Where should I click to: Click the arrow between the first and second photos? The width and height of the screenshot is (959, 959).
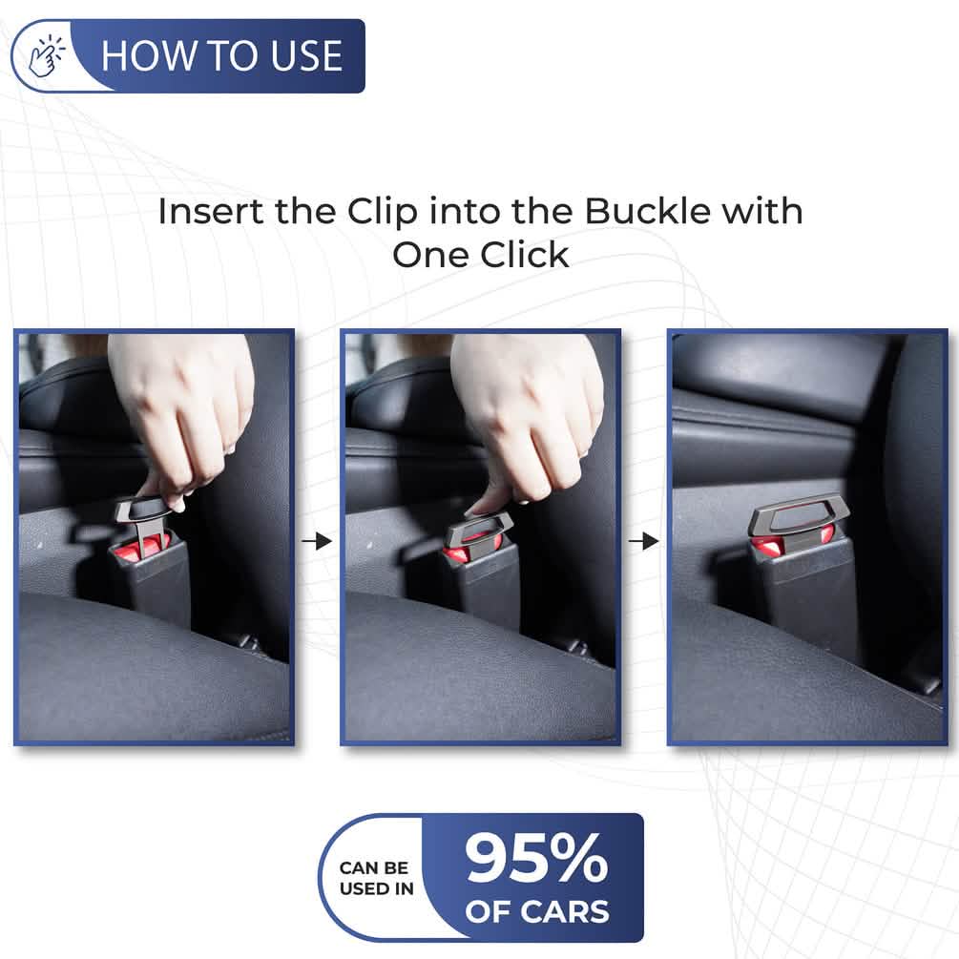317,541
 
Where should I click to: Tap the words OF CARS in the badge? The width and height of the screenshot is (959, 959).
536,911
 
